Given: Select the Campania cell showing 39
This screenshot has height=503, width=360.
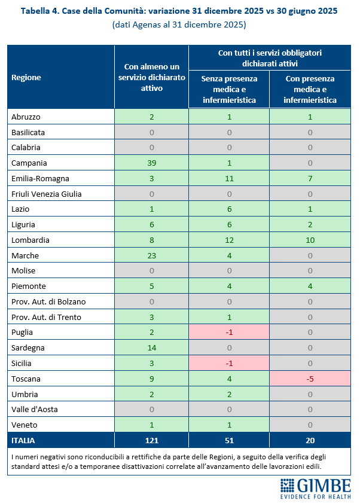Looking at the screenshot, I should coord(151,163).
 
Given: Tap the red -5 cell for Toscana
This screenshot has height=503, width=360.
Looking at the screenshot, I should coord(310,378).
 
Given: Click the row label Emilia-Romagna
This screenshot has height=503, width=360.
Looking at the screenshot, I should coord(40,178).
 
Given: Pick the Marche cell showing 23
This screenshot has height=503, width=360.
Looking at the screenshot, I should coord(151,255).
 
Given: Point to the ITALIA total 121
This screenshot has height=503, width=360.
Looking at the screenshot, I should coord(151,440).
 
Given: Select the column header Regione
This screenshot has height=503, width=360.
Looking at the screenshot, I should coord(26,77).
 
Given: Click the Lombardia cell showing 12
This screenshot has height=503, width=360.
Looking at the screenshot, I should coord(229,240).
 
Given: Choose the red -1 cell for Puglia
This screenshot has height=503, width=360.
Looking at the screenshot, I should coord(229,332).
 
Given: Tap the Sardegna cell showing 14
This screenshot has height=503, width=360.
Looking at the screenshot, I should coord(151,347).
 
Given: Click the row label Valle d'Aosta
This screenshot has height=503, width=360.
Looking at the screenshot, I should coord(36,409).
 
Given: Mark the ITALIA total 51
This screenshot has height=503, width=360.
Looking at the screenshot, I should coord(229,440).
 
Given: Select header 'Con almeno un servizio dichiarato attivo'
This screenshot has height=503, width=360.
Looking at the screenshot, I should coord(151,77).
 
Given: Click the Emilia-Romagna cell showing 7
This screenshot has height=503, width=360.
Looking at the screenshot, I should coord(310,178).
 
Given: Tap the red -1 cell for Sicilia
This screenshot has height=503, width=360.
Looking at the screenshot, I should coord(229,363).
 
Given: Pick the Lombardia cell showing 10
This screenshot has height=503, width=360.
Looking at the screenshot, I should coord(310,240).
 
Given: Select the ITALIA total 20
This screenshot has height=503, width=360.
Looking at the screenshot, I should coord(310,440).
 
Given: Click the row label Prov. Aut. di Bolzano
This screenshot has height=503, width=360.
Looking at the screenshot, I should coord(48,301).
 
